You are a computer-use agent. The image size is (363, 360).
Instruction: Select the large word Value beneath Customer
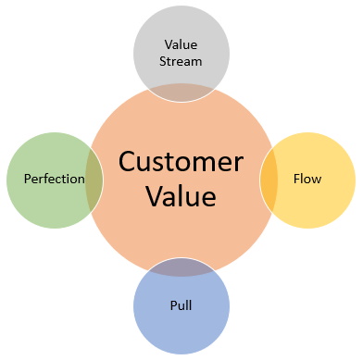[x=181, y=197]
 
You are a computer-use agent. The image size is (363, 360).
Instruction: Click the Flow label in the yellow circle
[x=307, y=178]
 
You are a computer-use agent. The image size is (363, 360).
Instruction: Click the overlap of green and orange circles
[x=94, y=178]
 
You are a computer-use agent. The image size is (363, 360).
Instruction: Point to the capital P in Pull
[x=170, y=303]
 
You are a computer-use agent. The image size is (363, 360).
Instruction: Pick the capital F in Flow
[x=295, y=178]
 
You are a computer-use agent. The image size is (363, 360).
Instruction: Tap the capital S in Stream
[x=163, y=63]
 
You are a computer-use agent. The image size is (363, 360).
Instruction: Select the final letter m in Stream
[x=197, y=63]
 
